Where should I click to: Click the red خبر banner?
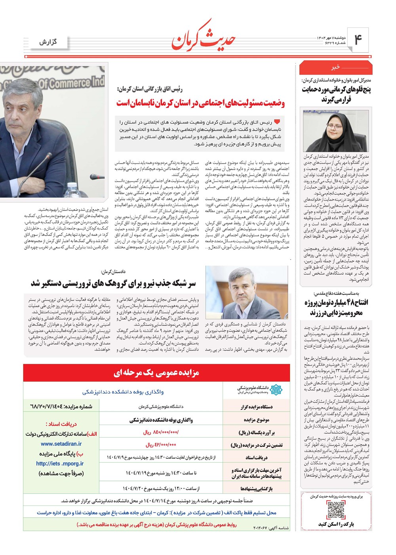click(x=335, y=68)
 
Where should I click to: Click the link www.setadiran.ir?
click(x=61, y=444)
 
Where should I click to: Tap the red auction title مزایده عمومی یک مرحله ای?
click(x=156, y=373)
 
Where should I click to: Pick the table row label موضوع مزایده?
click(x=256, y=420)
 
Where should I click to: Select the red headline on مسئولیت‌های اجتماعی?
click(x=201, y=103)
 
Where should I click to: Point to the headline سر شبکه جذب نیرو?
click(x=114, y=284)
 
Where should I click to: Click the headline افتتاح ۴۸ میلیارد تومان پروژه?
click(x=337, y=308)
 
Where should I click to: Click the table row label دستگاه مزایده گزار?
click(x=257, y=407)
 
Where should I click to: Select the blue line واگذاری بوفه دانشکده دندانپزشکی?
click(x=123, y=392)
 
